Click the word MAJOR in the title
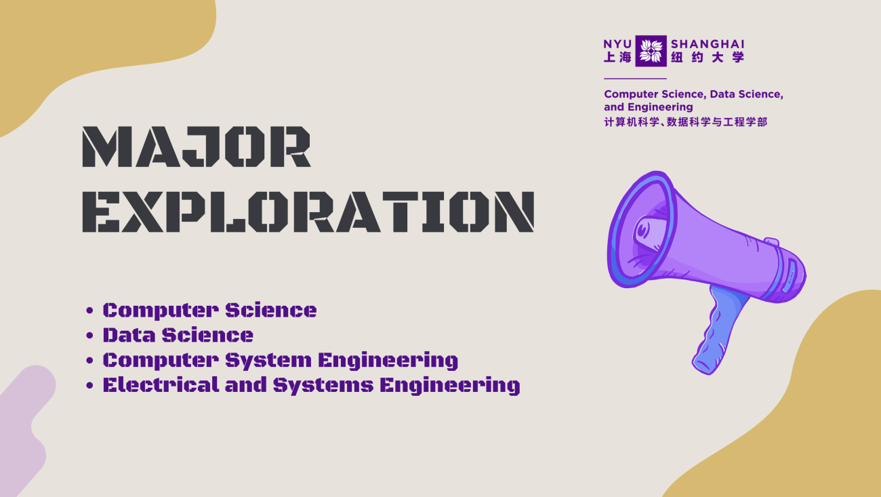pyautogui.click(x=196, y=147)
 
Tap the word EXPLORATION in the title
pyautogui.click(x=308, y=211)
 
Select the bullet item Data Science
pyautogui.click(x=178, y=335)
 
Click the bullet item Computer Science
pyautogui.click(x=209, y=311)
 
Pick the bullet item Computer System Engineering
pyautogui.click(x=280, y=360)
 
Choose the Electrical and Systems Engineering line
pyautogui.click(x=311, y=385)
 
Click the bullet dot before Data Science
pyautogui.click(x=89, y=336)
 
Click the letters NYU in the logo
pyautogui.click(x=617, y=44)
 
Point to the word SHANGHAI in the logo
pyautogui.click(x=707, y=44)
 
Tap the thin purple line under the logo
pyautogui.click(x=634, y=79)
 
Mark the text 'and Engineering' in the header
pyautogui.click(x=648, y=107)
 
